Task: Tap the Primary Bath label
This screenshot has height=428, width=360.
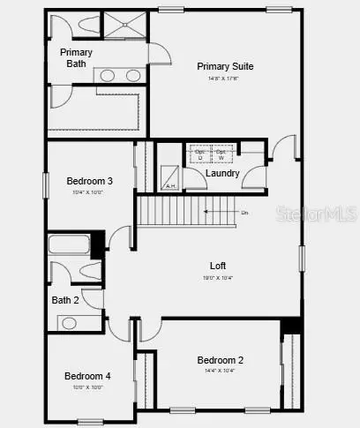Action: coord(76,57)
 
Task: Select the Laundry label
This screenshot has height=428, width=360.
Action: coord(222,172)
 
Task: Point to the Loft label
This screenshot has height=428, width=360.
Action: coord(217,265)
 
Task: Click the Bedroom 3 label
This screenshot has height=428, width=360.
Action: coord(89,181)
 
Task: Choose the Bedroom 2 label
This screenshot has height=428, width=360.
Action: coord(220,359)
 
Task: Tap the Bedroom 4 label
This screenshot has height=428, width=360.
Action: coord(87,376)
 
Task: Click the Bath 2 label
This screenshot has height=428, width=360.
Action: coord(65,301)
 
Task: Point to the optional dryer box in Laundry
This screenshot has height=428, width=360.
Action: coord(199,154)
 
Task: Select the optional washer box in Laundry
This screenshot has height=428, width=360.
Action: coord(221,154)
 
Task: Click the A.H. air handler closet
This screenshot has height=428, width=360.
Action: coord(169,181)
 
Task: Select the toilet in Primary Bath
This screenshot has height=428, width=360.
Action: coord(67,26)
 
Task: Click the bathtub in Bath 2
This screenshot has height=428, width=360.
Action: coord(69,244)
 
